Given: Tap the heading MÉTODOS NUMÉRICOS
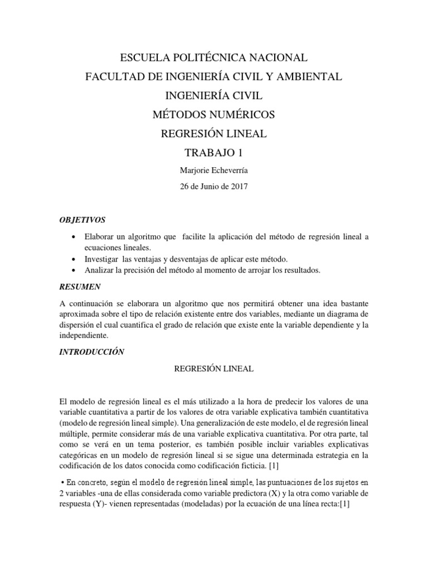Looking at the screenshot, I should point(214,115).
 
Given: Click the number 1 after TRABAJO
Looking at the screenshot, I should point(240,153).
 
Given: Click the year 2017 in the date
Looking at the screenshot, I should point(236,187).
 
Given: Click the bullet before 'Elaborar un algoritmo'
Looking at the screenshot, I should point(74,237).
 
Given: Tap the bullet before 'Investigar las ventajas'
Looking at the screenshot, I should point(74,259).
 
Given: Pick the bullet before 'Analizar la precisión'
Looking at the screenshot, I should point(74,270).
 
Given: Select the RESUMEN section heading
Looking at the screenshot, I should point(79,287).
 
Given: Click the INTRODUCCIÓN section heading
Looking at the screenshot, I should point(91,352).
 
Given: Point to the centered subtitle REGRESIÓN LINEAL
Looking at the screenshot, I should point(214,369).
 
